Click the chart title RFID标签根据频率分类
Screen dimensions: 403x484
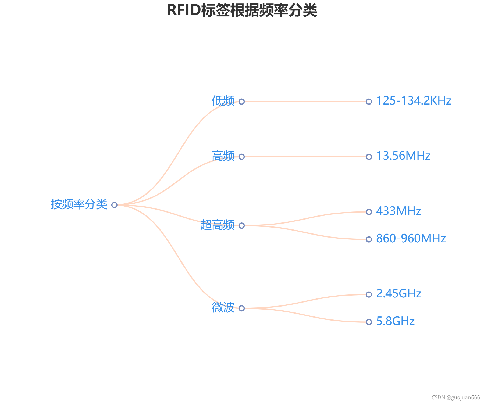[242, 10]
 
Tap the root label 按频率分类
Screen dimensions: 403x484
[79, 204]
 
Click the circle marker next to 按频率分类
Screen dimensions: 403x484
[114, 205]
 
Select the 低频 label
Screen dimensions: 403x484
[223, 101]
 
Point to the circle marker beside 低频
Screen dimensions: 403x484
[242, 102]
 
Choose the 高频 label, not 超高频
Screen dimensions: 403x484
[223, 156]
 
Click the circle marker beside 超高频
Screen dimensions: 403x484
[242, 226]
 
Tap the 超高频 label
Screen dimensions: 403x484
[218, 225]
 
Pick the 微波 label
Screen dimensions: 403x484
[223, 308]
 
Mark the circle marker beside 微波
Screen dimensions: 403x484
[242, 308]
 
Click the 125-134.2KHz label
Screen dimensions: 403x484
[414, 101]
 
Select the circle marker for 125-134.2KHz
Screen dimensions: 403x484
[369, 102]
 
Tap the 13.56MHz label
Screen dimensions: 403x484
[403, 156]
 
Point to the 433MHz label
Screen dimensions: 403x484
[398, 211]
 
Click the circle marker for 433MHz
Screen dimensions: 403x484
[369, 212]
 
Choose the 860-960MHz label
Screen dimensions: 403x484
[411, 239]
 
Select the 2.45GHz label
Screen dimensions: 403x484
[398, 294]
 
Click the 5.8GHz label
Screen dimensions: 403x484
[395, 321]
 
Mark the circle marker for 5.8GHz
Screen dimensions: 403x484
[369, 322]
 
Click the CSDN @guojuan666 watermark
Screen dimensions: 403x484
[455, 397]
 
